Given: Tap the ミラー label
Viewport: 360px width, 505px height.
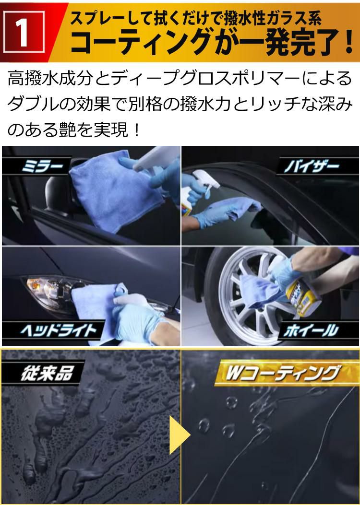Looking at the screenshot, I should point(43,167).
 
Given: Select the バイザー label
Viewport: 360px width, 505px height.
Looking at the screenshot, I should point(312,166).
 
